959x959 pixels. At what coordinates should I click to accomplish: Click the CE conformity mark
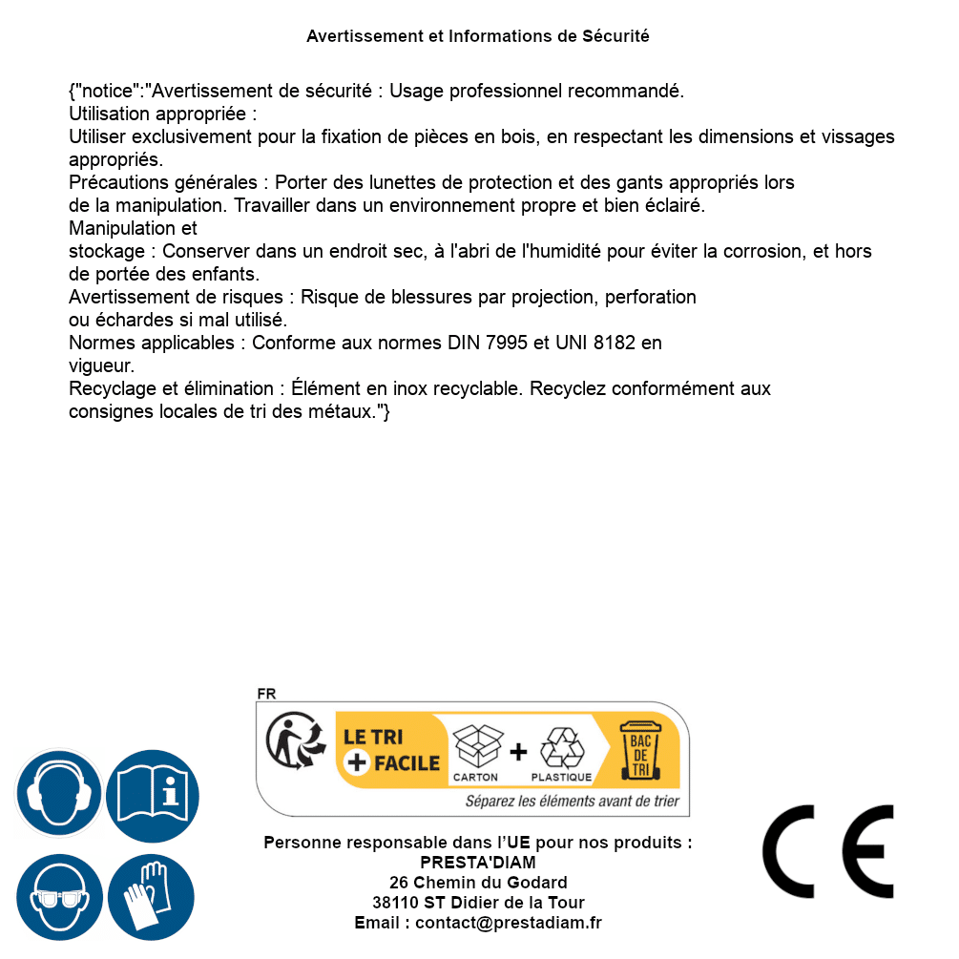(827, 852)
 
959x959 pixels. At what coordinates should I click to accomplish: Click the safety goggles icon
(59, 897)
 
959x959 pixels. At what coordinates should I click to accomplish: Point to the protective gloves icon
(151, 897)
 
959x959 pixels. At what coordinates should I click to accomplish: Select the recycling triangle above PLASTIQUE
(562, 748)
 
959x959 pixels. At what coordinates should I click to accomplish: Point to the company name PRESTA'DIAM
(478, 863)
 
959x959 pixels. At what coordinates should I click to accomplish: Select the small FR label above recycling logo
(266, 694)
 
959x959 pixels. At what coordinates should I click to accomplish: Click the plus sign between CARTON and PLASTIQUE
(518, 752)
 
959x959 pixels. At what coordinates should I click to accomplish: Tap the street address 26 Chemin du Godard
(478, 883)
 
